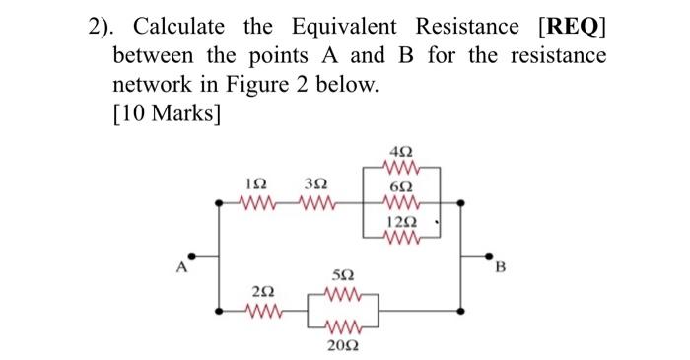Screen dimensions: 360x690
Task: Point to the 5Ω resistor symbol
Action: (342, 294)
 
